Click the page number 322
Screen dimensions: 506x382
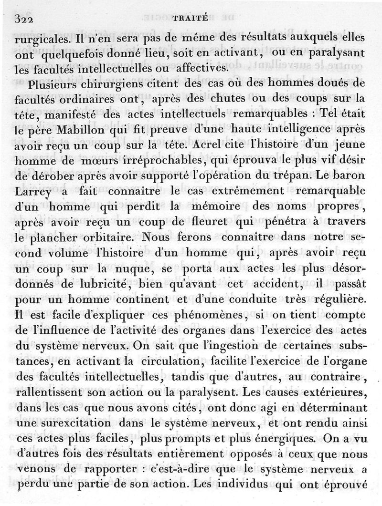[x=27, y=19]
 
